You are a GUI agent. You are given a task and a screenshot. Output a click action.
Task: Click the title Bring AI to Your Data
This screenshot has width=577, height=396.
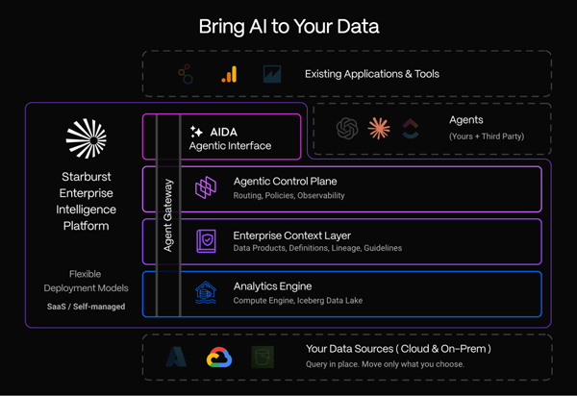point(288,27)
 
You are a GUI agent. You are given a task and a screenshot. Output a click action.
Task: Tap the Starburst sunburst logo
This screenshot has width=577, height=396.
point(87,138)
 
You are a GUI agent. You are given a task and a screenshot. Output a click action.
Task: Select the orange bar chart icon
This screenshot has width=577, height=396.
point(229,74)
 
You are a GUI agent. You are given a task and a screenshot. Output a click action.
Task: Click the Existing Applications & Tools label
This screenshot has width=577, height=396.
point(372,74)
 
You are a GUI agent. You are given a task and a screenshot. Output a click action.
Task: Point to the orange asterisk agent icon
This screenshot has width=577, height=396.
point(379,129)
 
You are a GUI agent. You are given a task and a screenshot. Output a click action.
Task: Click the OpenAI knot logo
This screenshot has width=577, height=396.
point(347,129)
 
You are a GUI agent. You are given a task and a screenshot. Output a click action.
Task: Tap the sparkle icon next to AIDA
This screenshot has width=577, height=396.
point(196,132)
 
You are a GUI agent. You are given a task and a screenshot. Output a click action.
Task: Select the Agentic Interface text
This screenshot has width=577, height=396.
point(230,146)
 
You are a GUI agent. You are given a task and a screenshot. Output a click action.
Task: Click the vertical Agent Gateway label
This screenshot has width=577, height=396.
point(167,215)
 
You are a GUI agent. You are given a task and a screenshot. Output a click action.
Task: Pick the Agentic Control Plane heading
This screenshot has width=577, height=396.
point(286,182)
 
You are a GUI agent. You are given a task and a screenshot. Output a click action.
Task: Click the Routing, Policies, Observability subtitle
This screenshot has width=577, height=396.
point(288,196)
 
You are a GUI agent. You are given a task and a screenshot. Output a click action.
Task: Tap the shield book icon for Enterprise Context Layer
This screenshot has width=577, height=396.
point(206,241)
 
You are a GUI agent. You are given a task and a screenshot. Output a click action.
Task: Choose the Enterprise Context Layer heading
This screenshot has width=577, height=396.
point(291,235)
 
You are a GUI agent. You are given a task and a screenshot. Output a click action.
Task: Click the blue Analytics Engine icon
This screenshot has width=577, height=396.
point(206,293)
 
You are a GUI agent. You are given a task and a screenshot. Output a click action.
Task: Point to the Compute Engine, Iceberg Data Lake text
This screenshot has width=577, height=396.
point(298,301)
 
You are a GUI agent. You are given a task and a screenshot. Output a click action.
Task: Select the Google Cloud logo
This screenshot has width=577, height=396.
point(219,358)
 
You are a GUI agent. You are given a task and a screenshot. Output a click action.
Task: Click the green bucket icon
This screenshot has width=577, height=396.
point(263,357)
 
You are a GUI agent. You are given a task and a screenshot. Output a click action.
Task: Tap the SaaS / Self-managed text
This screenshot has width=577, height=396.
point(87,307)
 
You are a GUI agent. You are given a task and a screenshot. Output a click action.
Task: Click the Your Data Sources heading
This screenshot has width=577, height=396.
point(398,349)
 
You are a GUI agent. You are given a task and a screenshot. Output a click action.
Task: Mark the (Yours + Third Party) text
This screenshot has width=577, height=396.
point(487,136)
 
